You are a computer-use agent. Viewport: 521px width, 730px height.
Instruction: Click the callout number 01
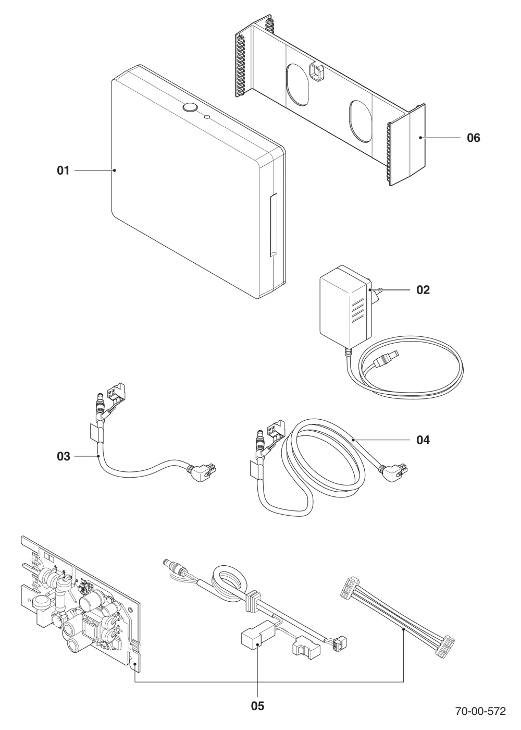point(63,171)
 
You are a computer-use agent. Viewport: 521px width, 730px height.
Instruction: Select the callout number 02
point(423,290)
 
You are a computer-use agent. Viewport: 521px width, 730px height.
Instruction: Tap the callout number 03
point(63,456)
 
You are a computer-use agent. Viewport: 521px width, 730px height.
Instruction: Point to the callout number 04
point(423,440)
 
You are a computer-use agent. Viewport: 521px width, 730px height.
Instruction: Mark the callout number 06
point(474,138)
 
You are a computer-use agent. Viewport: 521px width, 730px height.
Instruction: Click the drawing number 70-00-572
point(480,711)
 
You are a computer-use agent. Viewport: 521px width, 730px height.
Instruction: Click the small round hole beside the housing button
point(207,116)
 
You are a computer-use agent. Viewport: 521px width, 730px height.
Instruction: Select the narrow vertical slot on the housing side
point(272,225)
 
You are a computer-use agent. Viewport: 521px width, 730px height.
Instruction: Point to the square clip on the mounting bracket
point(316,71)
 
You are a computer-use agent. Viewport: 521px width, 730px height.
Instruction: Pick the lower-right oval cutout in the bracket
point(361,121)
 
